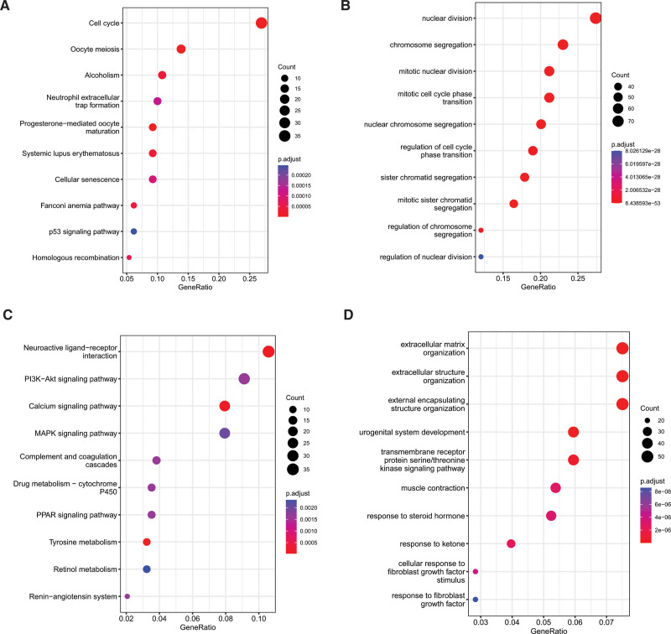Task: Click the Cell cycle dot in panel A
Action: [x=261, y=23]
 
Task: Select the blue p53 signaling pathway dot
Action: [x=133, y=231]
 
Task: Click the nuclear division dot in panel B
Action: [x=596, y=18]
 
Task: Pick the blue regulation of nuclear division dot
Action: [x=481, y=257]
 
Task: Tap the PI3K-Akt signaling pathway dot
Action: [x=244, y=379]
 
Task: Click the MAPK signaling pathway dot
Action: [x=224, y=434]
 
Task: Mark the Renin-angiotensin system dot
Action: [x=127, y=596]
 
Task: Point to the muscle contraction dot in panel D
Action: [x=555, y=487]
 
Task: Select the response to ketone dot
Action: [x=511, y=544]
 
